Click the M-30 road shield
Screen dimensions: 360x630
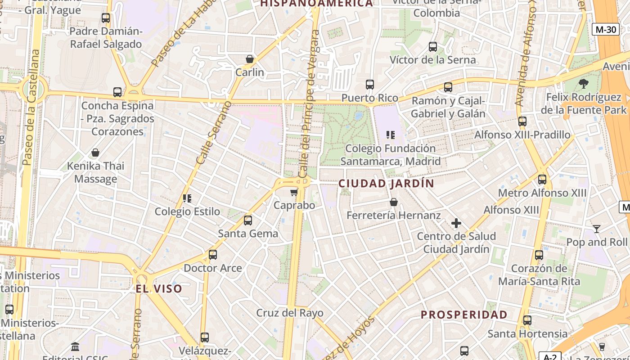605,30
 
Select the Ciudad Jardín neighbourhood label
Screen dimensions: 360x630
386,184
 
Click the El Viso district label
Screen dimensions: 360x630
159,289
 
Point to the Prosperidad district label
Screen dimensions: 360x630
464,315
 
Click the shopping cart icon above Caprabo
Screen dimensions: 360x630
294,193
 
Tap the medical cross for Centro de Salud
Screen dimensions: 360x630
456,223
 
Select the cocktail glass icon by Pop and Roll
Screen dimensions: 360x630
596,229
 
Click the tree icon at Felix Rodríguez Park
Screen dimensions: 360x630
583,83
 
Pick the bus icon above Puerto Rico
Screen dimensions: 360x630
369,85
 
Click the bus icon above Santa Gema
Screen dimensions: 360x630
248,220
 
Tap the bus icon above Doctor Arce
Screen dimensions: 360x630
213,255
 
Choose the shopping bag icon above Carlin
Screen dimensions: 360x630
250,59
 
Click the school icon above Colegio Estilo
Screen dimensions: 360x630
187,198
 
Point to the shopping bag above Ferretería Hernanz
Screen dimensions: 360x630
394,202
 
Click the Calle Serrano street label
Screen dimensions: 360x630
214,133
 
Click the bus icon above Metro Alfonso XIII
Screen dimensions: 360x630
542,180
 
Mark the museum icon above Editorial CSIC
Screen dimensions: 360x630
75,347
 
